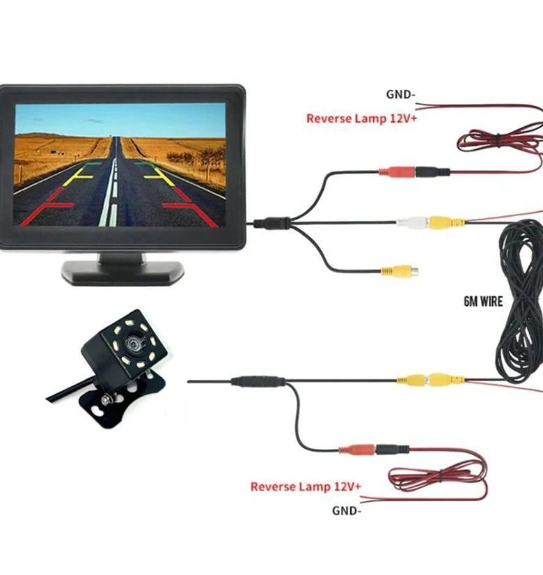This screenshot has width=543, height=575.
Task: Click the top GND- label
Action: [x=401, y=94]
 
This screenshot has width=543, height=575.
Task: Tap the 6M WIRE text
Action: [x=482, y=302]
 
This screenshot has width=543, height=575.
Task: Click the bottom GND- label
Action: [x=347, y=510]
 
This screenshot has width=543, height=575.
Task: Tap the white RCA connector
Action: [x=411, y=223]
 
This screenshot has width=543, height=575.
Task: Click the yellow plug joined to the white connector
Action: [x=446, y=223]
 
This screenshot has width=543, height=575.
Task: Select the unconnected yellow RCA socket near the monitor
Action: [x=398, y=271]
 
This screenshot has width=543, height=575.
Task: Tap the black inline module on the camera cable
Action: [x=258, y=381]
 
